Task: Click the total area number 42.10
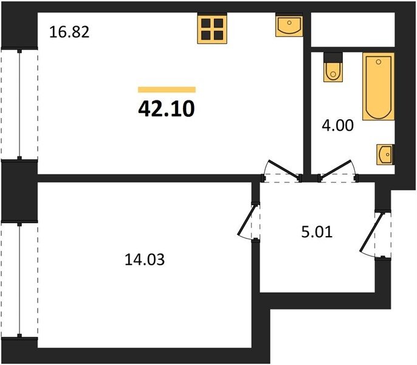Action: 167,109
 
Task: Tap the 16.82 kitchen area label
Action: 69,32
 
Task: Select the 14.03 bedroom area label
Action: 145,260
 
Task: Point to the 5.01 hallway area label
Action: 317,232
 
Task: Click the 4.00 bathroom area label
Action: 338,125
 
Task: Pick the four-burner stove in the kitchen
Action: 212,29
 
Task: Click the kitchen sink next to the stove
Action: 289,26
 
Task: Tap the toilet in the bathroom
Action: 333,67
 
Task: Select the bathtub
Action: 379,86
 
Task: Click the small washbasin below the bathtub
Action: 385,155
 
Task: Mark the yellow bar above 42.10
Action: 167,89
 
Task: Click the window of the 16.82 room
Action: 19,104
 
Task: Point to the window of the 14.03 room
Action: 19,280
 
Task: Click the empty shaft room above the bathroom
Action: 353,30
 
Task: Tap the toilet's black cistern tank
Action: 333,58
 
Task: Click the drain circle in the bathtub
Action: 379,62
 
